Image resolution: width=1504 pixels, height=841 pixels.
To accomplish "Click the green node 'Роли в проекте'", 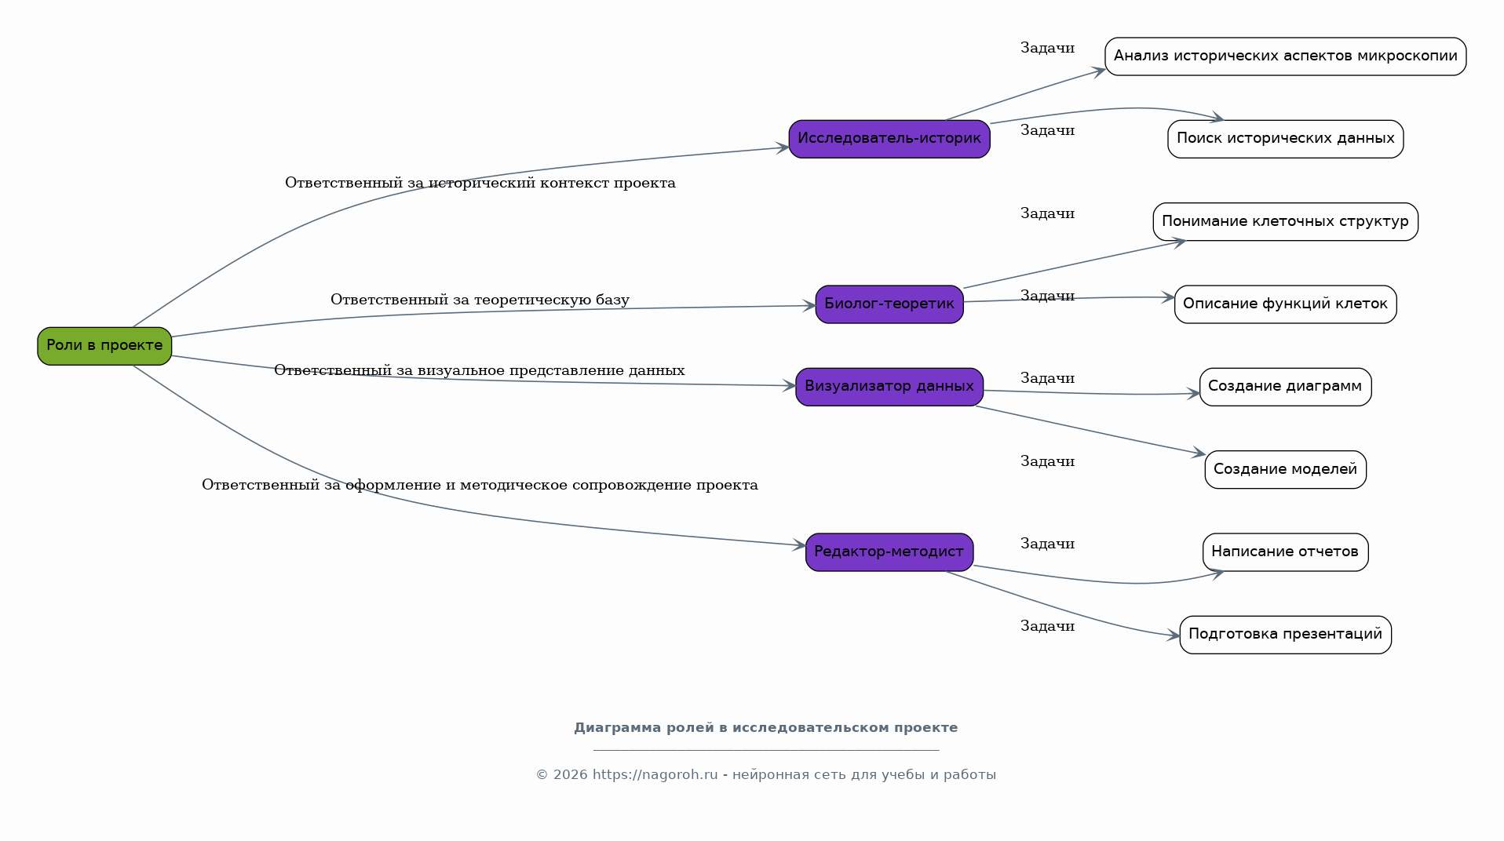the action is (x=104, y=346).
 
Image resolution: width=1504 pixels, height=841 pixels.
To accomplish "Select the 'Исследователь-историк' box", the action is (x=889, y=139).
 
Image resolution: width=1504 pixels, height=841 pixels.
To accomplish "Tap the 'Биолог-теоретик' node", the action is (x=889, y=304).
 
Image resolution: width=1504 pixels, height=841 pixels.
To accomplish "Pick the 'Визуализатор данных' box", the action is (x=889, y=387).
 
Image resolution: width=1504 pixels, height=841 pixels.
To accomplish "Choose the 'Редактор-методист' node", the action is (x=889, y=552).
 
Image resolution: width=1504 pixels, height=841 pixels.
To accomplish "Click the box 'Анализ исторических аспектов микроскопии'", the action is (x=1286, y=56).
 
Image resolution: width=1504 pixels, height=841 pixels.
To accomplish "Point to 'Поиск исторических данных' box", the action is (x=1286, y=139).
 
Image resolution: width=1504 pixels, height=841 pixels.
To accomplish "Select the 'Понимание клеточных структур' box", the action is (x=1286, y=222).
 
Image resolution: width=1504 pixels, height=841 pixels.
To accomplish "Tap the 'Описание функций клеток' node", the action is (x=1286, y=304).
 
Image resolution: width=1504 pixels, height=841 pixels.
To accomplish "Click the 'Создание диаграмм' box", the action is (x=1286, y=387).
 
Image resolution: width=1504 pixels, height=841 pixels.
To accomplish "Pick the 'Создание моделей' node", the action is (x=1286, y=470).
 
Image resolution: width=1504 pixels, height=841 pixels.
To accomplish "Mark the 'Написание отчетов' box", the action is (x=1286, y=552).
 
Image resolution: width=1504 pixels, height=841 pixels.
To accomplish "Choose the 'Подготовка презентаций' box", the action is (x=1286, y=635).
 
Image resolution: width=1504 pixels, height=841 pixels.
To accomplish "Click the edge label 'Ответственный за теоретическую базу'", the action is (x=480, y=300).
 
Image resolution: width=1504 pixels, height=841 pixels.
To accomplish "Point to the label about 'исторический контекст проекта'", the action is (x=480, y=183).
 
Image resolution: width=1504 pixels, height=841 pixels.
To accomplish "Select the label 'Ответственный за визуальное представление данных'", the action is (x=480, y=370).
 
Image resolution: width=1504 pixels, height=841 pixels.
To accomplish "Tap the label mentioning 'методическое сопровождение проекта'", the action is (x=480, y=485).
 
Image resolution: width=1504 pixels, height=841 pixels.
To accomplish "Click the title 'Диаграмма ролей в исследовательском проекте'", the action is (x=766, y=728).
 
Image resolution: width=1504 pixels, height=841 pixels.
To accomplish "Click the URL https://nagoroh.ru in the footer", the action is (x=655, y=775).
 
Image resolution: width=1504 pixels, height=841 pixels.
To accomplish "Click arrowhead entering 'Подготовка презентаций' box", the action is (x=1174, y=635).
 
